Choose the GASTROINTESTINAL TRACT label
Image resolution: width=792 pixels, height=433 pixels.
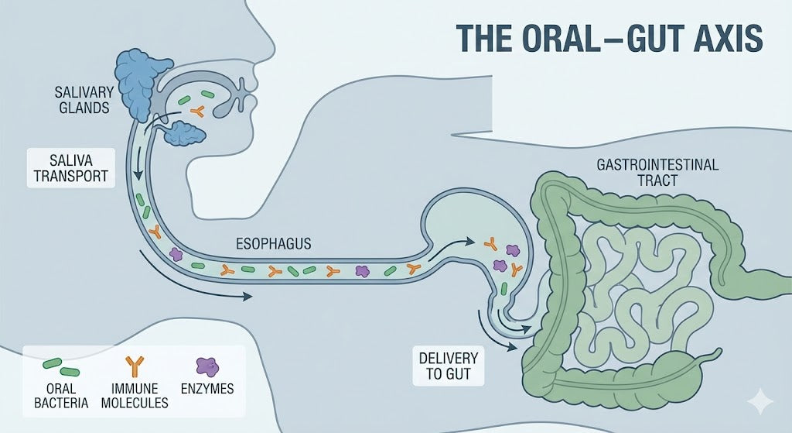pyautogui.click(x=657, y=172)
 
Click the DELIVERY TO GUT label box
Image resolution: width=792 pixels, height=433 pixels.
pyautogui.click(x=448, y=368)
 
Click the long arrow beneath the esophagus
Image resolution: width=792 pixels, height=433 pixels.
pyautogui.click(x=193, y=279)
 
